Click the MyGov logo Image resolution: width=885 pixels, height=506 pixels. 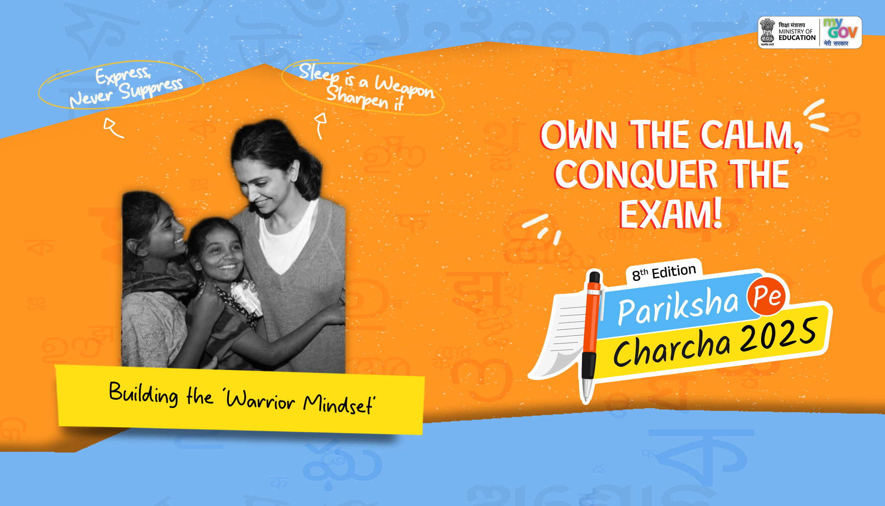point(840,32)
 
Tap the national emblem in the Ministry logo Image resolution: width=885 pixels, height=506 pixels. point(767,32)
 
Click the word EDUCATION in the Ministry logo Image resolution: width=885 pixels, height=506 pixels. point(797,38)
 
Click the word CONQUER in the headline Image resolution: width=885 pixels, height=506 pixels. point(636,175)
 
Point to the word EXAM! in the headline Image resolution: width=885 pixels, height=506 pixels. point(670,214)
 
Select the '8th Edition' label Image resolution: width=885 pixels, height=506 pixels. point(664,272)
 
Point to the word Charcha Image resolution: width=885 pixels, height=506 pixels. point(672,347)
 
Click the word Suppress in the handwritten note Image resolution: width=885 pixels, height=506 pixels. point(151,88)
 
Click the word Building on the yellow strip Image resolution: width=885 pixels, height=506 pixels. point(143,394)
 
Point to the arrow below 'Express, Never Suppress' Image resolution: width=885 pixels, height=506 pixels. point(113,128)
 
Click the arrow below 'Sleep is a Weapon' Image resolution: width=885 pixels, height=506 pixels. point(321,126)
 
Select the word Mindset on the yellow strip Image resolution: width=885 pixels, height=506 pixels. point(338,404)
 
